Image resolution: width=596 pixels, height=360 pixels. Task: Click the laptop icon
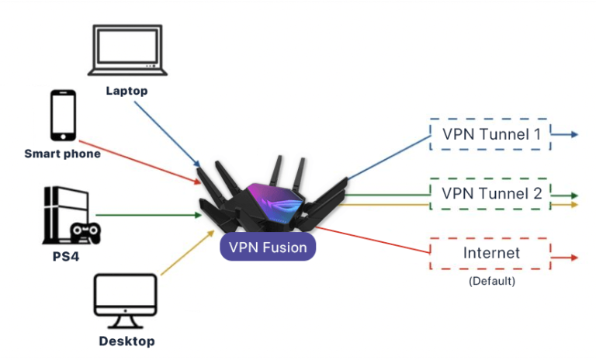pyautogui.click(x=126, y=52)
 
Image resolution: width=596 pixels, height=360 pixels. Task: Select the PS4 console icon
pyautogui.click(x=61, y=215)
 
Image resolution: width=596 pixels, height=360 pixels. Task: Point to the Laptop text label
pyautogui.click(x=126, y=91)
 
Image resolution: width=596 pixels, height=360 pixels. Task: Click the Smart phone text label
pyautogui.click(x=63, y=154)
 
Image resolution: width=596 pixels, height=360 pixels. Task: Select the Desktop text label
pyautogui.click(x=126, y=341)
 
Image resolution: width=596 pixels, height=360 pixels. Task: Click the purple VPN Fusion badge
pyautogui.click(x=268, y=247)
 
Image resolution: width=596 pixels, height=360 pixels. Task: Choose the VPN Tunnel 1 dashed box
pyautogui.click(x=490, y=134)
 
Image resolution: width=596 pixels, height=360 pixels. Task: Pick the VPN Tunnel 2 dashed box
pyautogui.click(x=490, y=193)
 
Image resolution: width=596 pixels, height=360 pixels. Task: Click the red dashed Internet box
pyautogui.click(x=490, y=254)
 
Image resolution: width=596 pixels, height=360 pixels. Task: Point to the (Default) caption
pyautogui.click(x=491, y=281)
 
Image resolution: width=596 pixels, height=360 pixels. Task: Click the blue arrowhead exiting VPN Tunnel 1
pyautogui.click(x=574, y=134)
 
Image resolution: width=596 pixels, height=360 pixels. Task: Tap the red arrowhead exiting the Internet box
pyautogui.click(x=574, y=257)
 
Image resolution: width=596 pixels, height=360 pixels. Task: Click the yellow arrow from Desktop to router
pyautogui.click(x=186, y=252)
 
